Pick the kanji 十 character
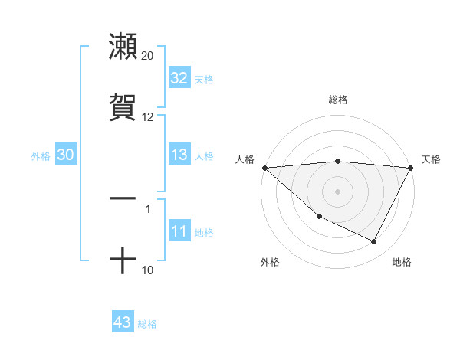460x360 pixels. pos(123,260)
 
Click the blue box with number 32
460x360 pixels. pos(179,77)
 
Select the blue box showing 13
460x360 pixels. pos(179,155)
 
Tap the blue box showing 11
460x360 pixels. pos(179,231)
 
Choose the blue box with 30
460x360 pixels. pos(66,155)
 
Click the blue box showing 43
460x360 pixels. pos(123,322)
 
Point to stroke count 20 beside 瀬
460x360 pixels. pos(148,55)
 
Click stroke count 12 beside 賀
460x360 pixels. pos(148,116)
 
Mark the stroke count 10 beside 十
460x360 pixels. pos(148,270)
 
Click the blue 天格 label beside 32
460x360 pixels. pos(204,79)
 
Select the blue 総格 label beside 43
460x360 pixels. pos(147,324)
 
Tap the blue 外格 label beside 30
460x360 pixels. pos(41,156)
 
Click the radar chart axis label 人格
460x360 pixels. pos(245,159)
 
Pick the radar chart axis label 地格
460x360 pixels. pos(402,262)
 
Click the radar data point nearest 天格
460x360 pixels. pos(411,168)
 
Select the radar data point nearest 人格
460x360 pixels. pos(264,168)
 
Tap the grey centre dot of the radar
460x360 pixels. pos(337,191)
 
